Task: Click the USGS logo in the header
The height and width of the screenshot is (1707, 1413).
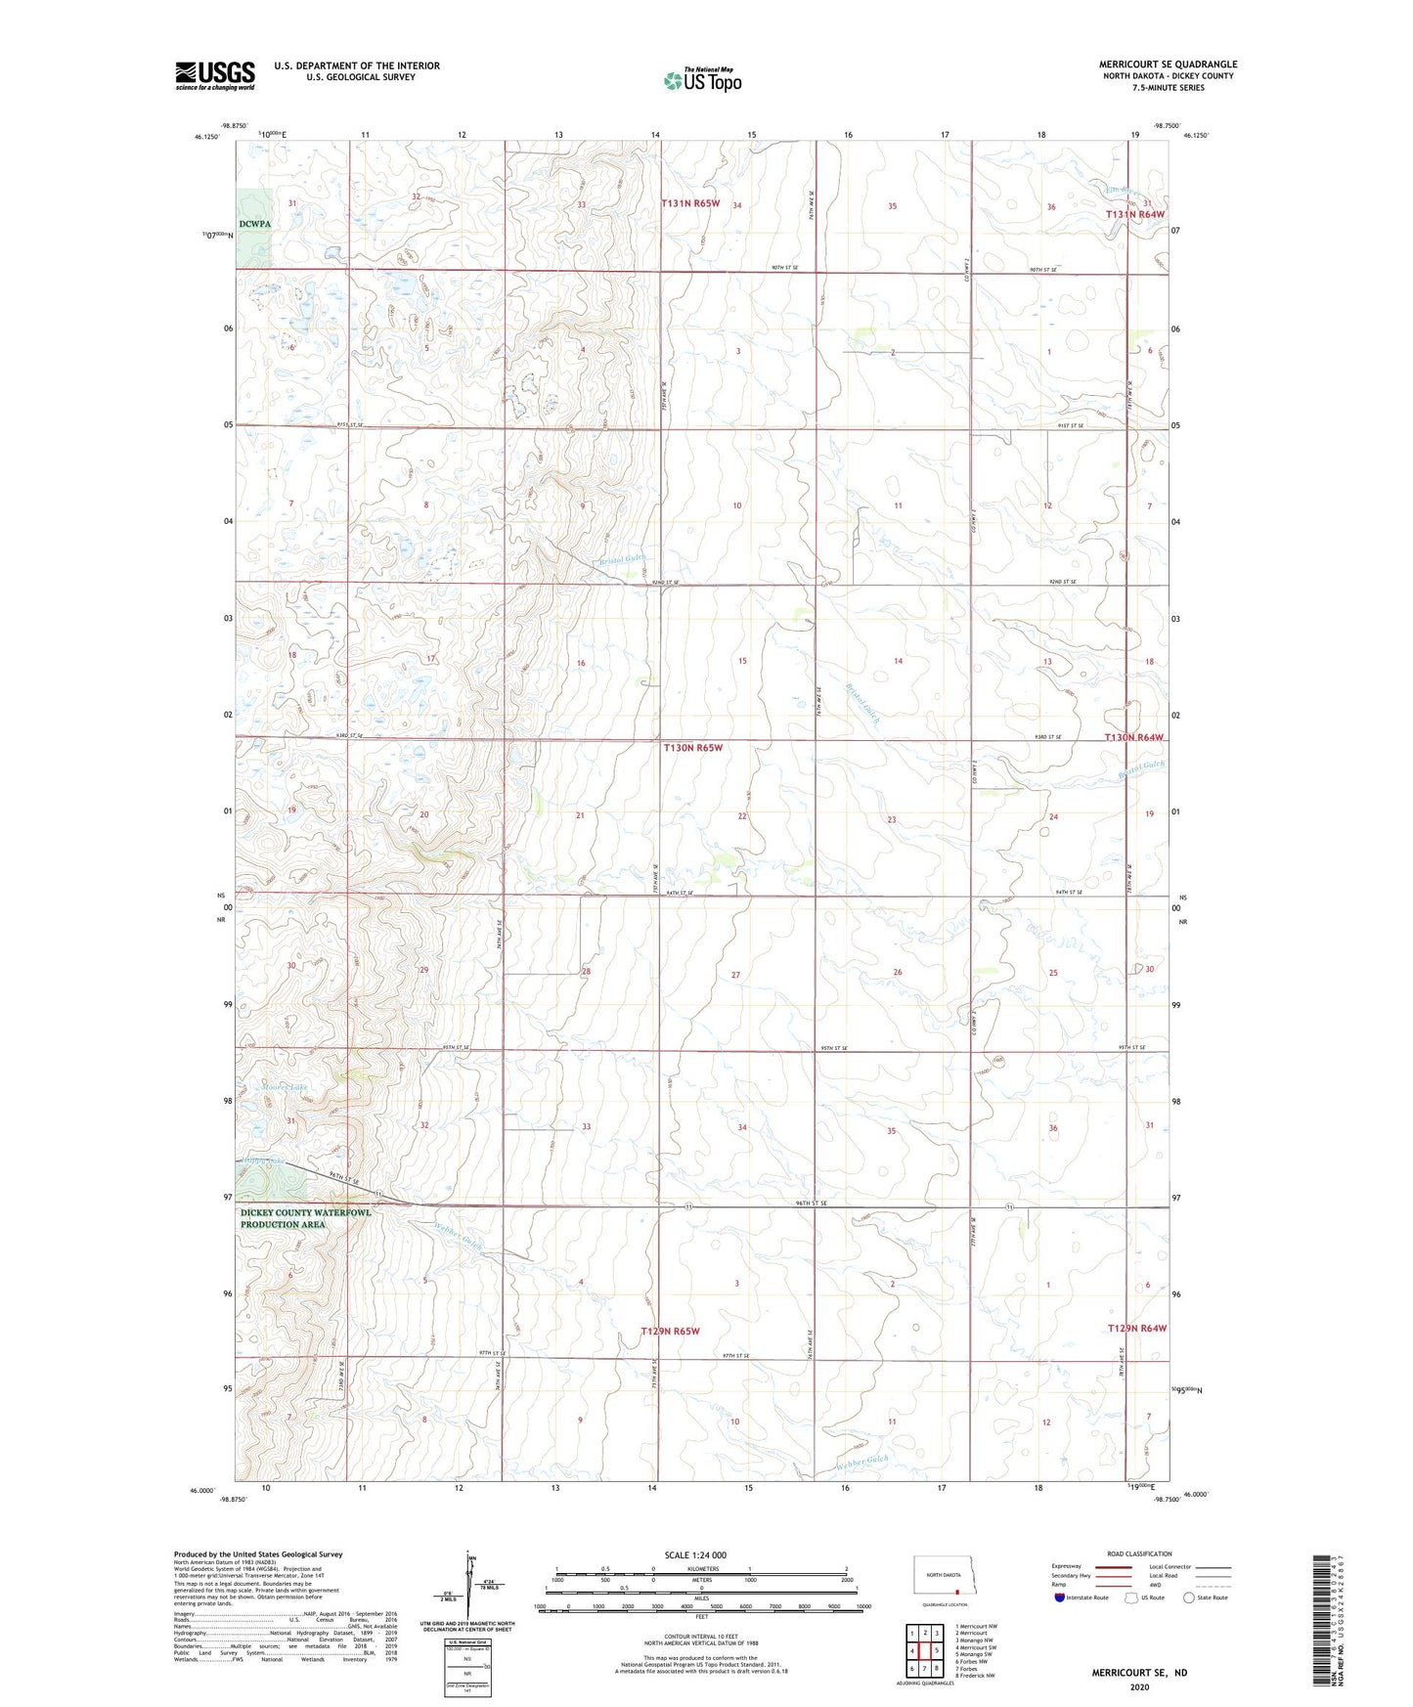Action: [214, 75]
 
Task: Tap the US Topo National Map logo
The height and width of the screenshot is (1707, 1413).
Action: [702, 79]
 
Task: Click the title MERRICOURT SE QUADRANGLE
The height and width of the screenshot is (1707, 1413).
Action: [1167, 65]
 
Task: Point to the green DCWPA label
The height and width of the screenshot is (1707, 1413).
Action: [253, 224]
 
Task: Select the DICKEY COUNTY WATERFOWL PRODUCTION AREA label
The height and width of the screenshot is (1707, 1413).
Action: [305, 1218]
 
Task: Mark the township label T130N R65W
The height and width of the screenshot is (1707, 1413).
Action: [692, 748]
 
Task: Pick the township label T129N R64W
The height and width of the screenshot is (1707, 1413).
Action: [1136, 1328]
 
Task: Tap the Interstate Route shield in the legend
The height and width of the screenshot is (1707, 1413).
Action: [1061, 1598]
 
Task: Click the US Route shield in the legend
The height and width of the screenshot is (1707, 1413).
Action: [1133, 1598]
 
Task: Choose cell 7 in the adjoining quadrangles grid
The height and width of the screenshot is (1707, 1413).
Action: [924, 1668]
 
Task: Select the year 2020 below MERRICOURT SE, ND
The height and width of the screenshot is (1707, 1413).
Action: [1138, 1686]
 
